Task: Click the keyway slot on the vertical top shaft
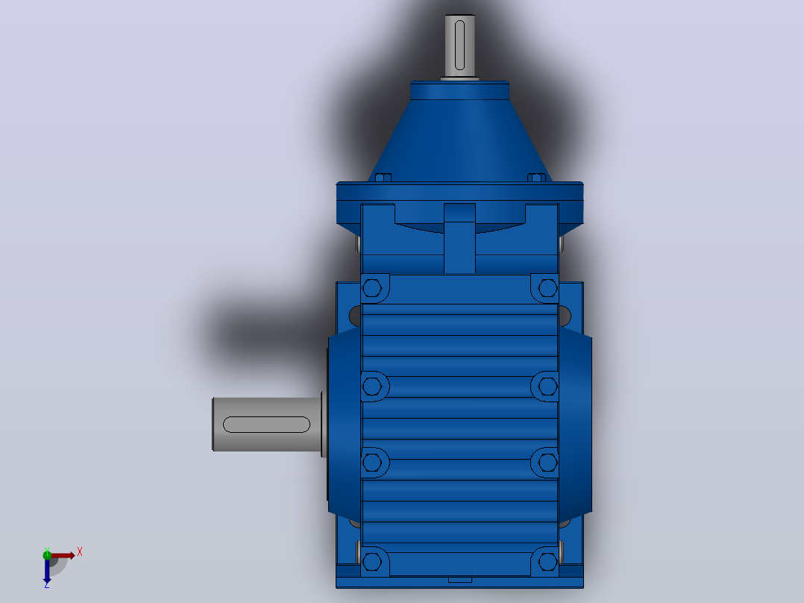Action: pyautogui.click(x=459, y=46)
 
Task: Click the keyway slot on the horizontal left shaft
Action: pyautogui.click(x=267, y=425)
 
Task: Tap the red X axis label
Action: pyautogui.click(x=80, y=552)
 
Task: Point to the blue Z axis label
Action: pyautogui.click(x=47, y=584)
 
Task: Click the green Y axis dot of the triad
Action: pyautogui.click(x=47, y=554)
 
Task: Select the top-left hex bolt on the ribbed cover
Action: pyautogui.click(x=371, y=288)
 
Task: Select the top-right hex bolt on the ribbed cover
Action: pyautogui.click(x=547, y=288)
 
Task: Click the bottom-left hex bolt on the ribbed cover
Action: pyautogui.click(x=371, y=562)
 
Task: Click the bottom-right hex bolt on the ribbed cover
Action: pyautogui.click(x=547, y=562)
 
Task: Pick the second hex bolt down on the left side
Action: pyautogui.click(x=371, y=386)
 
